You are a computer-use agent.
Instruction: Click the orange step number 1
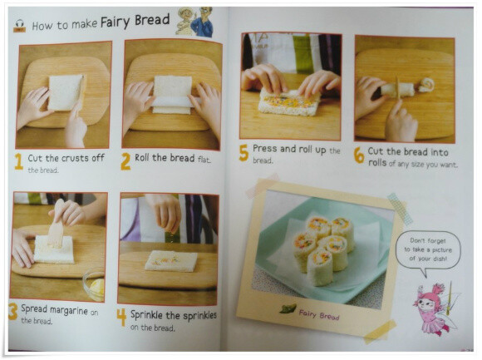(19, 161)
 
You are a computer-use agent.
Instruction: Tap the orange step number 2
(125, 161)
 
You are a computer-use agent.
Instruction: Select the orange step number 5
(243, 153)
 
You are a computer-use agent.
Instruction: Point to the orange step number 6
(359, 155)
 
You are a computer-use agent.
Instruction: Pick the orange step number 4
(121, 318)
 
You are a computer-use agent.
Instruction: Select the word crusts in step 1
(72, 158)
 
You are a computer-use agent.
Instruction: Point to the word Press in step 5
(264, 149)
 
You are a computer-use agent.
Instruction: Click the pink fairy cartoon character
(434, 309)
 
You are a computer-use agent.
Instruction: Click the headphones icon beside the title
(19, 26)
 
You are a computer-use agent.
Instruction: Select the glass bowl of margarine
(94, 285)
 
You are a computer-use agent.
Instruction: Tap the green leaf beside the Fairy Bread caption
(288, 308)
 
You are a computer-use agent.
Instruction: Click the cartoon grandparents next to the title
(195, 22)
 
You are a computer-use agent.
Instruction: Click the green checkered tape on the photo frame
(400, 208)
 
